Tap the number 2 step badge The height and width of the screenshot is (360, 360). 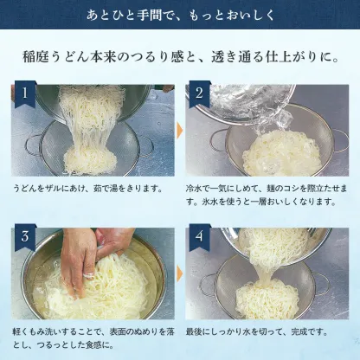pyautogui.click(x=199, y=93)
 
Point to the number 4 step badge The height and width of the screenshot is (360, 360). pyautogui.click(x=199, y=236)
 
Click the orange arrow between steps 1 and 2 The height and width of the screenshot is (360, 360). pyautogui.click(x=180, y=130)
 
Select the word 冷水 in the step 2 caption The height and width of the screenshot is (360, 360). pyautogui.click(x=196, y=188)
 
